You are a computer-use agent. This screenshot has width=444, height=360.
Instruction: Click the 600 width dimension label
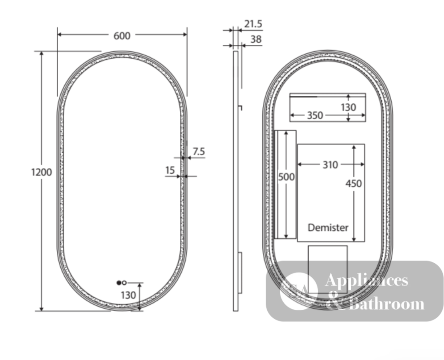[122, 36]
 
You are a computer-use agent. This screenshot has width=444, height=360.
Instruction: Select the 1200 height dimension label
[41, 172]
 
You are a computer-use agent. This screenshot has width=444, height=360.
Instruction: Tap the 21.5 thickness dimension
[253, 24]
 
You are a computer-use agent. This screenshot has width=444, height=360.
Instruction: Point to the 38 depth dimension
[256, 39]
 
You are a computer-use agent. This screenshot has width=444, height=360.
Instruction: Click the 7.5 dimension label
[199, 152]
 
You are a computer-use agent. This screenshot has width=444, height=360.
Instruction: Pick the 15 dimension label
[170, 170]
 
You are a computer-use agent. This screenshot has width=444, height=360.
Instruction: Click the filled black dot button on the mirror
[119, 283]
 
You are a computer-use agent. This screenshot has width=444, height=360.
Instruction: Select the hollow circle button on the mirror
[124, 283]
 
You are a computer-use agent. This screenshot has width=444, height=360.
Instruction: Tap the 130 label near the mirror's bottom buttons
[128, 295]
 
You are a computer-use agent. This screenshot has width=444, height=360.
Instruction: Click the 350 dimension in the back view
[315, 115]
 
